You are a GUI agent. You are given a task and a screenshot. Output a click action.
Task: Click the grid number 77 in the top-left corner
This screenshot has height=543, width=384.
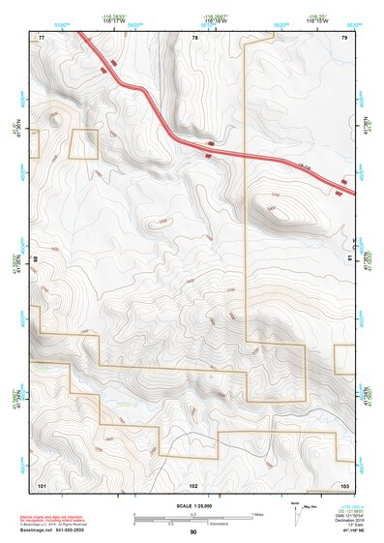pos(42,37)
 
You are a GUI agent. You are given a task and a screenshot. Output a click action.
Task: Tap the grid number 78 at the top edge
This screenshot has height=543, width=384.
pos(194,37)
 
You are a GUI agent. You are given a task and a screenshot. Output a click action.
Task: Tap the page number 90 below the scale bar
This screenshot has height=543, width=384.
pos(193,532)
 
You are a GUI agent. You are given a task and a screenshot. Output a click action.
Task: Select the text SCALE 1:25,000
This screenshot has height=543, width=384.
pos(194,506)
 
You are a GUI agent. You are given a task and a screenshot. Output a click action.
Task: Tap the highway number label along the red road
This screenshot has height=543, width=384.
pos(304,168)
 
